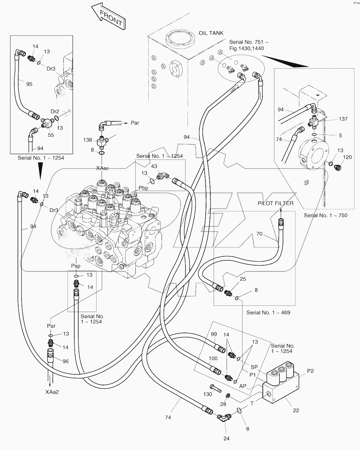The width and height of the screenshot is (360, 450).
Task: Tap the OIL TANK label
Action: pos(211,33)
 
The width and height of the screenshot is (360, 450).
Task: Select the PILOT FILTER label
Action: pos(275,203)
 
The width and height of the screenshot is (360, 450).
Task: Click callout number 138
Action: pos(88,140)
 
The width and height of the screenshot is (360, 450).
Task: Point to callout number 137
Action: pos(343,119)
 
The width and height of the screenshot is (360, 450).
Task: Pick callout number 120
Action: pos(347,157)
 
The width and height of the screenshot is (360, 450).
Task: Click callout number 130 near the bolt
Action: pos(208,394)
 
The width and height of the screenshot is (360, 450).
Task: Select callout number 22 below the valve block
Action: pos(296,410)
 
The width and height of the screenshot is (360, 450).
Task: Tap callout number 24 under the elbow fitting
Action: pos(226,438)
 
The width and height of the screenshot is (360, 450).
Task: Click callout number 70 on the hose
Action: pos(259,234)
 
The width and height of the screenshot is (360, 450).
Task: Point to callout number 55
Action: pos(51,135)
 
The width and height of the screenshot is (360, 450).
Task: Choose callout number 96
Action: pos(66,361)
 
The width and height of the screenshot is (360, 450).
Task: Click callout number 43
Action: pos(154,166)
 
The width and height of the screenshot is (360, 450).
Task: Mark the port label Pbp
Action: pos(143,188)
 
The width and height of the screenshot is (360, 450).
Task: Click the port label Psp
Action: pos(76,266)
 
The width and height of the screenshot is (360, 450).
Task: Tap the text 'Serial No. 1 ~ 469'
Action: pos(268,312)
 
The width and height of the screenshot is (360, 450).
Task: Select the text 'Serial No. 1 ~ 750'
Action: pos(325,215)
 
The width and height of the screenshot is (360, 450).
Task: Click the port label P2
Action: pos(310,371)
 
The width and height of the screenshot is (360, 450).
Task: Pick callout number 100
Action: pos(213,358)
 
